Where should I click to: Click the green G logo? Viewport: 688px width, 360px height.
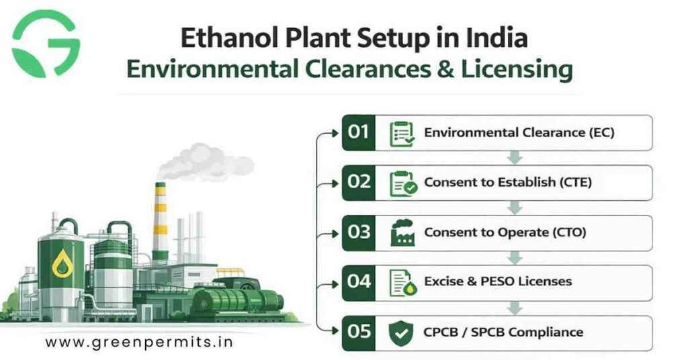tap(46, 43)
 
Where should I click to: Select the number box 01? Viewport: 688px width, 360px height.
tap(359, 132)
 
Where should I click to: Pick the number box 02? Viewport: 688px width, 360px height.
tap(359, 182)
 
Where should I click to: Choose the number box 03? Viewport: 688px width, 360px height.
tap(359, 232)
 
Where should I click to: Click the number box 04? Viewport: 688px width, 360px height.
tap(359, 282)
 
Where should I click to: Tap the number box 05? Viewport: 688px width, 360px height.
tap(359, 332)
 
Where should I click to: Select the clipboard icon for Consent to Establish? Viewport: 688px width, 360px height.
tap(403, 183)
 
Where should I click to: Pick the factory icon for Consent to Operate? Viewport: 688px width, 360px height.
tap(402, 232)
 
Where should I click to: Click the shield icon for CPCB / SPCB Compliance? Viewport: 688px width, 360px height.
tap(402, 332)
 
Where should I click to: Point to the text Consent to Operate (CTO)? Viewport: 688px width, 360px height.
tap(505, 232)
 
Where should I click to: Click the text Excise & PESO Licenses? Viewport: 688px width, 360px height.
tap(498, 282)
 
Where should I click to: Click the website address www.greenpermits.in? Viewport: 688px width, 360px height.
tap(139, 342)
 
